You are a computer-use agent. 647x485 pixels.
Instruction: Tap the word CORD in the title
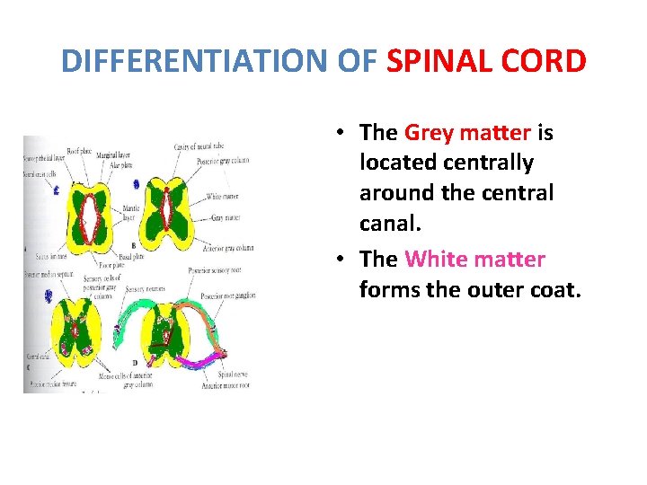point(548,61)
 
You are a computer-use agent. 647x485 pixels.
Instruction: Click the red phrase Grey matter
point(467,133)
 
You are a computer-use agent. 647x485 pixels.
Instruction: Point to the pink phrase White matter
point(474,260)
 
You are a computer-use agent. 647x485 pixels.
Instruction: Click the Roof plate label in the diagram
point(84,149)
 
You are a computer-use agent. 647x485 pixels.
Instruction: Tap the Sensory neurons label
point(146,290)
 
